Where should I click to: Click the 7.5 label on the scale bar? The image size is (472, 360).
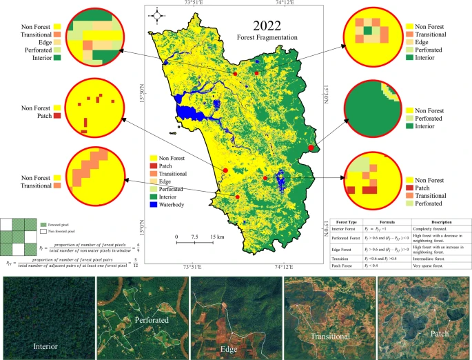195,237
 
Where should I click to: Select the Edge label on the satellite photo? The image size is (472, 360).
229,348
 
